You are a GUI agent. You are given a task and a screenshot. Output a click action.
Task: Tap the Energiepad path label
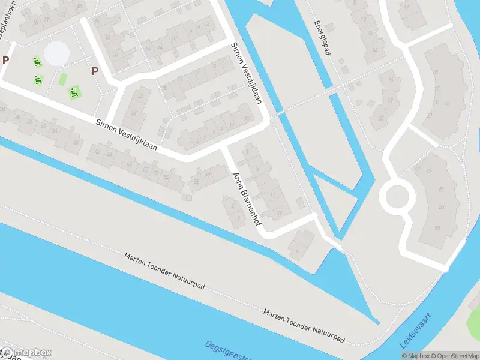click(x=322, y=38)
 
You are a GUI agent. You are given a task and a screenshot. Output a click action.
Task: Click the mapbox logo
click(x=26, y=353)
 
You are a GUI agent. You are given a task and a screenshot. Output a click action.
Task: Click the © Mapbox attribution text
click(x=413, y=356)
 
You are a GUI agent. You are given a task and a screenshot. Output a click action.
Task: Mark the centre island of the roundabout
click(x=397, y=196)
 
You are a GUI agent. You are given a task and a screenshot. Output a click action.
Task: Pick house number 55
click(x=437, y=228)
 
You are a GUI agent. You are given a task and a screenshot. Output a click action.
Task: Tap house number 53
click(x=442, y=207)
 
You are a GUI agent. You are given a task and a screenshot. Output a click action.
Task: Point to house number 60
click(x=208, y=175)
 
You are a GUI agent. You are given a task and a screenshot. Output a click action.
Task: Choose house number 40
click(x=76, y=142)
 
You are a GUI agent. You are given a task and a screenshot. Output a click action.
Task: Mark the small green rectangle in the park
click(x=62, y=79)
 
